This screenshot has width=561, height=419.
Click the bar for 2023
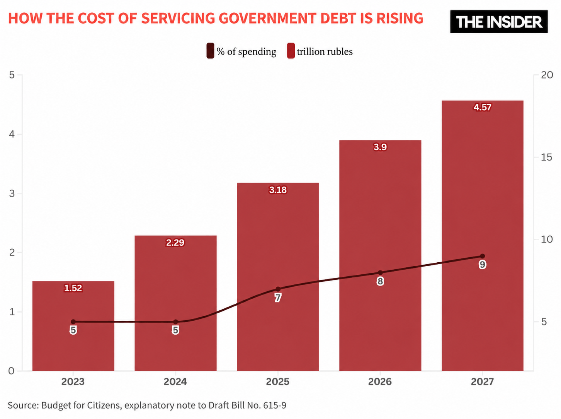tap(73, 326)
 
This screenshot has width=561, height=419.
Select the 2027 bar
tap(482, 236)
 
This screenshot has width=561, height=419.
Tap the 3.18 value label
tap(278, 190)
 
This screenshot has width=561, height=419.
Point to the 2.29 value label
tap(175, 243)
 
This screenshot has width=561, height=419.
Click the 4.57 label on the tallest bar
tap(482, 107)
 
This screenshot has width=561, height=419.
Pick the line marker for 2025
tap(278, 289)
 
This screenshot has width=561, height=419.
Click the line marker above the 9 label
tap(482, 256)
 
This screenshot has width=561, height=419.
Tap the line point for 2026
tap(380, 273)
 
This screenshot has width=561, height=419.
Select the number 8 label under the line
tap(380, 281)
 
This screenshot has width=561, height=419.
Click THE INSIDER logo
tap(499, 22)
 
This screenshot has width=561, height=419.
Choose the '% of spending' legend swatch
tap(210, 51)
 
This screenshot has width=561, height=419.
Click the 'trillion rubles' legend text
tap(325, 52)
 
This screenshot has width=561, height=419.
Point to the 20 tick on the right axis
tap(547, 75)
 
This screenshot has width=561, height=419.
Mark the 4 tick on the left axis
tap(12, 134)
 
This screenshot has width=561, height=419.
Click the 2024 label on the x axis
tap(175, 381)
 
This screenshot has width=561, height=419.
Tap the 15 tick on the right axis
tap(546, 157)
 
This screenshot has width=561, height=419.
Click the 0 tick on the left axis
tap(11, 371)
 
